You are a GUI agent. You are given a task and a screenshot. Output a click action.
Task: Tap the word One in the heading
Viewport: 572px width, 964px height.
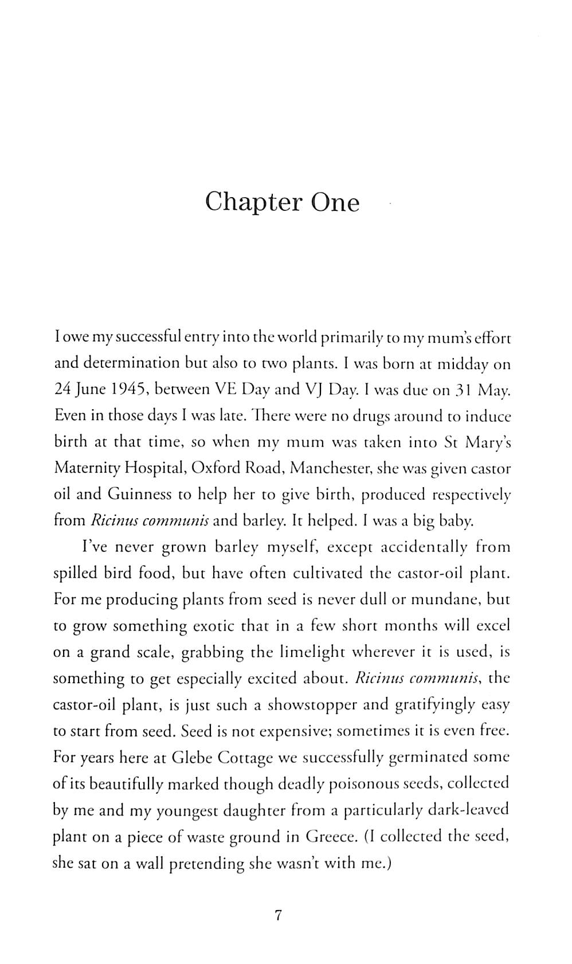point(335,202)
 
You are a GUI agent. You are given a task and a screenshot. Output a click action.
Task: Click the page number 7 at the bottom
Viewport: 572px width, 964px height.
point(279,915)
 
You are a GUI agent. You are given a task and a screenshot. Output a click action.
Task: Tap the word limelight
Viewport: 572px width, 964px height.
point(312,652)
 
